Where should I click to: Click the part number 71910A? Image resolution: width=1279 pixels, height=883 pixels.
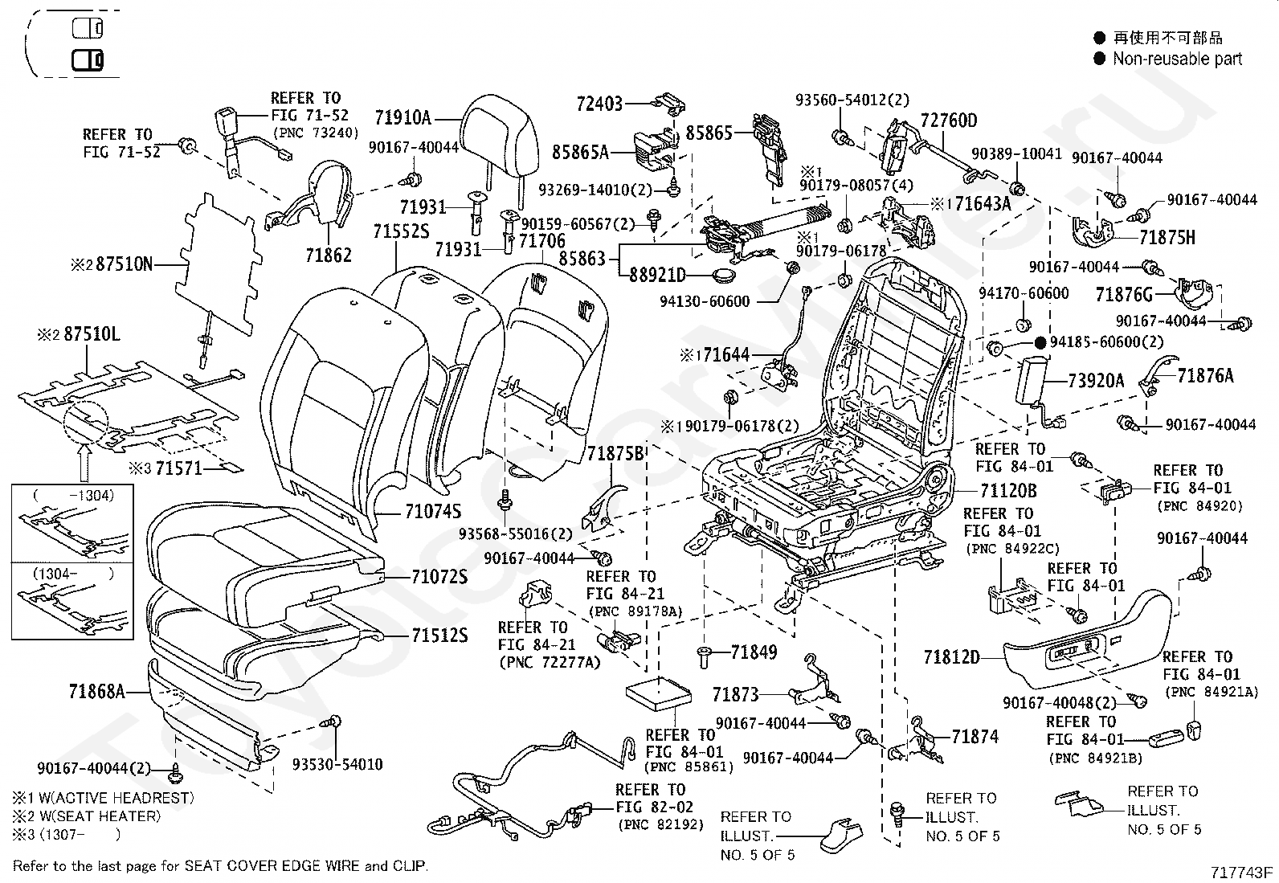(402, 117)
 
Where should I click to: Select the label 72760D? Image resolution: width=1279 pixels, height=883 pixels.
(948, 121)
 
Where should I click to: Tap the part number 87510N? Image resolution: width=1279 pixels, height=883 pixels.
(125, 264)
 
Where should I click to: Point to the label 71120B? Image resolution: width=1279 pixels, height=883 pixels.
(1008, 491)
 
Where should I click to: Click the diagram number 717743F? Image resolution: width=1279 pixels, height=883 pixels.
(1241, 873)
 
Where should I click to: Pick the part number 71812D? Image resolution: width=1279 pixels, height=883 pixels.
(952, 657)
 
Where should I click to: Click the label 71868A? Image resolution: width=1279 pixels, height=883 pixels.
(97, 692)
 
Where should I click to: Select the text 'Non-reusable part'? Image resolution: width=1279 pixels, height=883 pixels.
(1177, 59)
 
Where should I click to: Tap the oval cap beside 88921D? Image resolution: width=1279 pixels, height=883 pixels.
(723, 275)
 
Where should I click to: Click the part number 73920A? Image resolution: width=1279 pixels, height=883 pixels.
(1096, 380)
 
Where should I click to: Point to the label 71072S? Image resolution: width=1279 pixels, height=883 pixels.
(439, 577)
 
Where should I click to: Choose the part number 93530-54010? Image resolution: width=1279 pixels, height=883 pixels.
(337, 764)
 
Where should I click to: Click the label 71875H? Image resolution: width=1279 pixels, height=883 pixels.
(1167, 237)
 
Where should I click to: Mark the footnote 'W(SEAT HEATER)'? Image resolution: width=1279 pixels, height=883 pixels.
(100, 816)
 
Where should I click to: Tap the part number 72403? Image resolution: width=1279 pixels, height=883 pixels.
(599, 104)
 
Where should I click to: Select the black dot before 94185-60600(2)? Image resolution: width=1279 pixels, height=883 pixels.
(1040, 343)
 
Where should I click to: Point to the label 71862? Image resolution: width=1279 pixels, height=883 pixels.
(329, 255)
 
